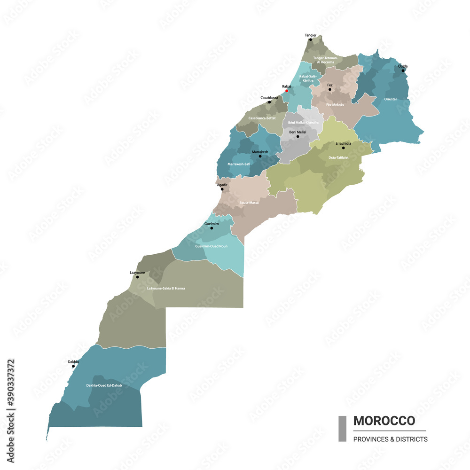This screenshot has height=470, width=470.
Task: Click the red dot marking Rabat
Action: (x=287, y=91)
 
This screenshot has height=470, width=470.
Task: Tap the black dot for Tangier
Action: (x=310, y=40)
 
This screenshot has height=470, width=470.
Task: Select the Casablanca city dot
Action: (x=269, y=102)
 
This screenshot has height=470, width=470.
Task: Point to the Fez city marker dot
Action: (x=329, y=89)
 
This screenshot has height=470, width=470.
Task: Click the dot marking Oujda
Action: (x=403, y=70)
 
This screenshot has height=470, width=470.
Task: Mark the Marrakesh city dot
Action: (x=260, y=156)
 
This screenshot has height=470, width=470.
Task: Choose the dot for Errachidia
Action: (x=343, y=148)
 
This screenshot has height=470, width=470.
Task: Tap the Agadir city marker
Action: (x=222, y=189)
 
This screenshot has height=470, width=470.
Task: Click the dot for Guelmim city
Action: (x=211, y=228)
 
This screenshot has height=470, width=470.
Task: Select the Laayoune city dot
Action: (x=137, y=277)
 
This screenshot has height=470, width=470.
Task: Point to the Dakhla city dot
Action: (x=73, y=366)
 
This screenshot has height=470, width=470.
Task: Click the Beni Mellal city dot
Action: (x=298, y=137)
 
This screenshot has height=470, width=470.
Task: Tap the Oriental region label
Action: (x=390, y=99)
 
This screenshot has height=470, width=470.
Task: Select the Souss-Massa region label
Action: (x=249, y=203)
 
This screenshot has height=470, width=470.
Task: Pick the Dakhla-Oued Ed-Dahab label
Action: (x=104, y=385)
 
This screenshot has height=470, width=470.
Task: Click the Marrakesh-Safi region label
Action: (x=239, y=164)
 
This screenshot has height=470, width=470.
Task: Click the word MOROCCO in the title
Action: (x=384, y=421)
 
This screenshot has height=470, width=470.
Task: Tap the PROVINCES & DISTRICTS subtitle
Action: (x=390, y=439)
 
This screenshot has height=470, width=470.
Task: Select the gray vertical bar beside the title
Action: (x=342, y=429)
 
